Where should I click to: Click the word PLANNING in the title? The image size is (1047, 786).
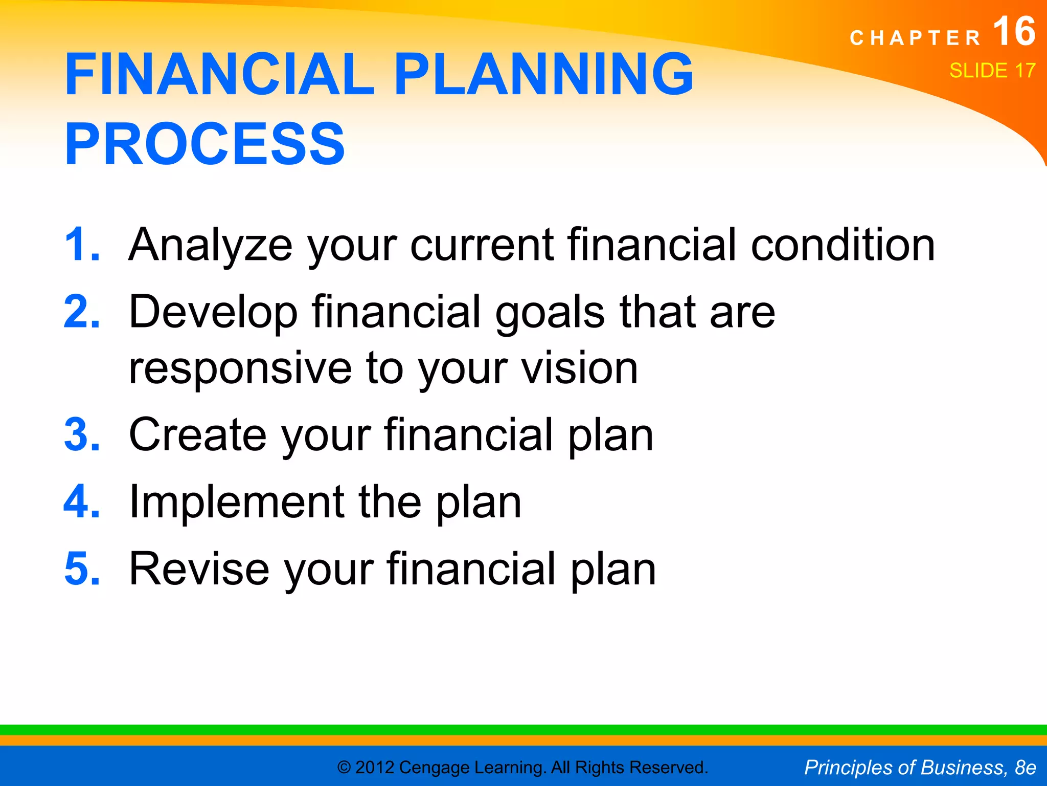[543, 74]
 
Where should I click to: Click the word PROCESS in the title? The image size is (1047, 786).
[204, 144]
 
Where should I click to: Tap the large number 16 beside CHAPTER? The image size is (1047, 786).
[1014, 32]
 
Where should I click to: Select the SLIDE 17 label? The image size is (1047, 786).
[992, 71]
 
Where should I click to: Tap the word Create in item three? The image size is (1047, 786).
[197, 434]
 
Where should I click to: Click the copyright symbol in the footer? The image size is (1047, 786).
[344, 768]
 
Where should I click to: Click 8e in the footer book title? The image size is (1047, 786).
[1025, 768]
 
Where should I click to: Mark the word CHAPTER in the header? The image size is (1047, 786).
[915, 38]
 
